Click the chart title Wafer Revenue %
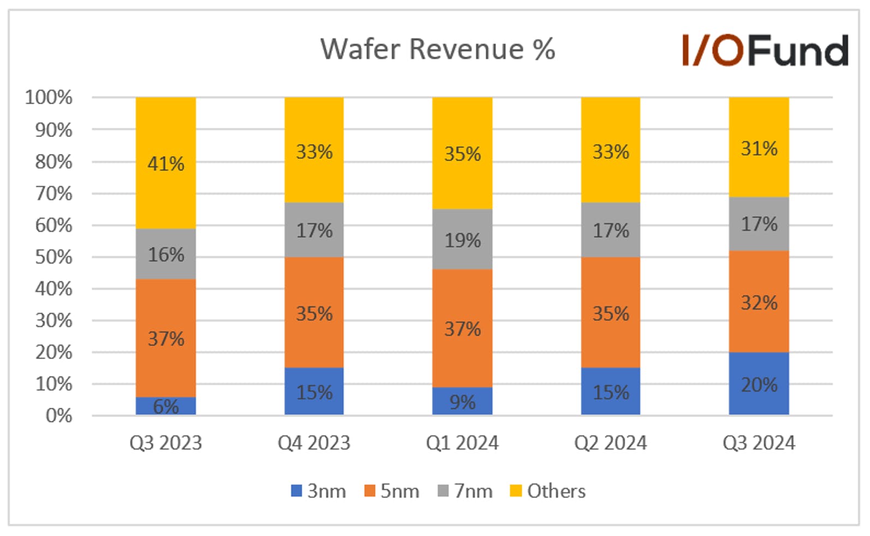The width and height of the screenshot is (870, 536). [438, 49]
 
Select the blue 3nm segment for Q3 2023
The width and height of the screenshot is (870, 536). [166, 406]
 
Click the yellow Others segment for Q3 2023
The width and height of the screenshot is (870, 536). [166, 163]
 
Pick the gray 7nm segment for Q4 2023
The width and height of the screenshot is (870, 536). [314, 230]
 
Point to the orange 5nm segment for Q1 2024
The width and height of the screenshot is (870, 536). [462, 328]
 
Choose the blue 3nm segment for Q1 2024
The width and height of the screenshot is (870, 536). [462, 401]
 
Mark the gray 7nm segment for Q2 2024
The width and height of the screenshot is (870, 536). [611, 230]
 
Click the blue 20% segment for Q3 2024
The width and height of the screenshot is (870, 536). [759, 384]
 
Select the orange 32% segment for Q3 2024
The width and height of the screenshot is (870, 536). [759, 301]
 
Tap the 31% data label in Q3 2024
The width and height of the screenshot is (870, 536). [759, 149]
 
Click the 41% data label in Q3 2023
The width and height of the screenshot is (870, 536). [166, 164]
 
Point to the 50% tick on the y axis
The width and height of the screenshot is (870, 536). [53, 257]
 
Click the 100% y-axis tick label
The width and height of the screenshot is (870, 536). [49, 97]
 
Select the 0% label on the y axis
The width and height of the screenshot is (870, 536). [59, 415]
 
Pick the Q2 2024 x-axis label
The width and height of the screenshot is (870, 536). [611, 443]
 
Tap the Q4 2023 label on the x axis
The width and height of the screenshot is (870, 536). [314, 443]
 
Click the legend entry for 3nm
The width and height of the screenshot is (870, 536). [319, 491]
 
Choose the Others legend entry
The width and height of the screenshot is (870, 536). [547, 491]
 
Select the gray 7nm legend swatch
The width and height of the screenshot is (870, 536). [443, 491]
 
